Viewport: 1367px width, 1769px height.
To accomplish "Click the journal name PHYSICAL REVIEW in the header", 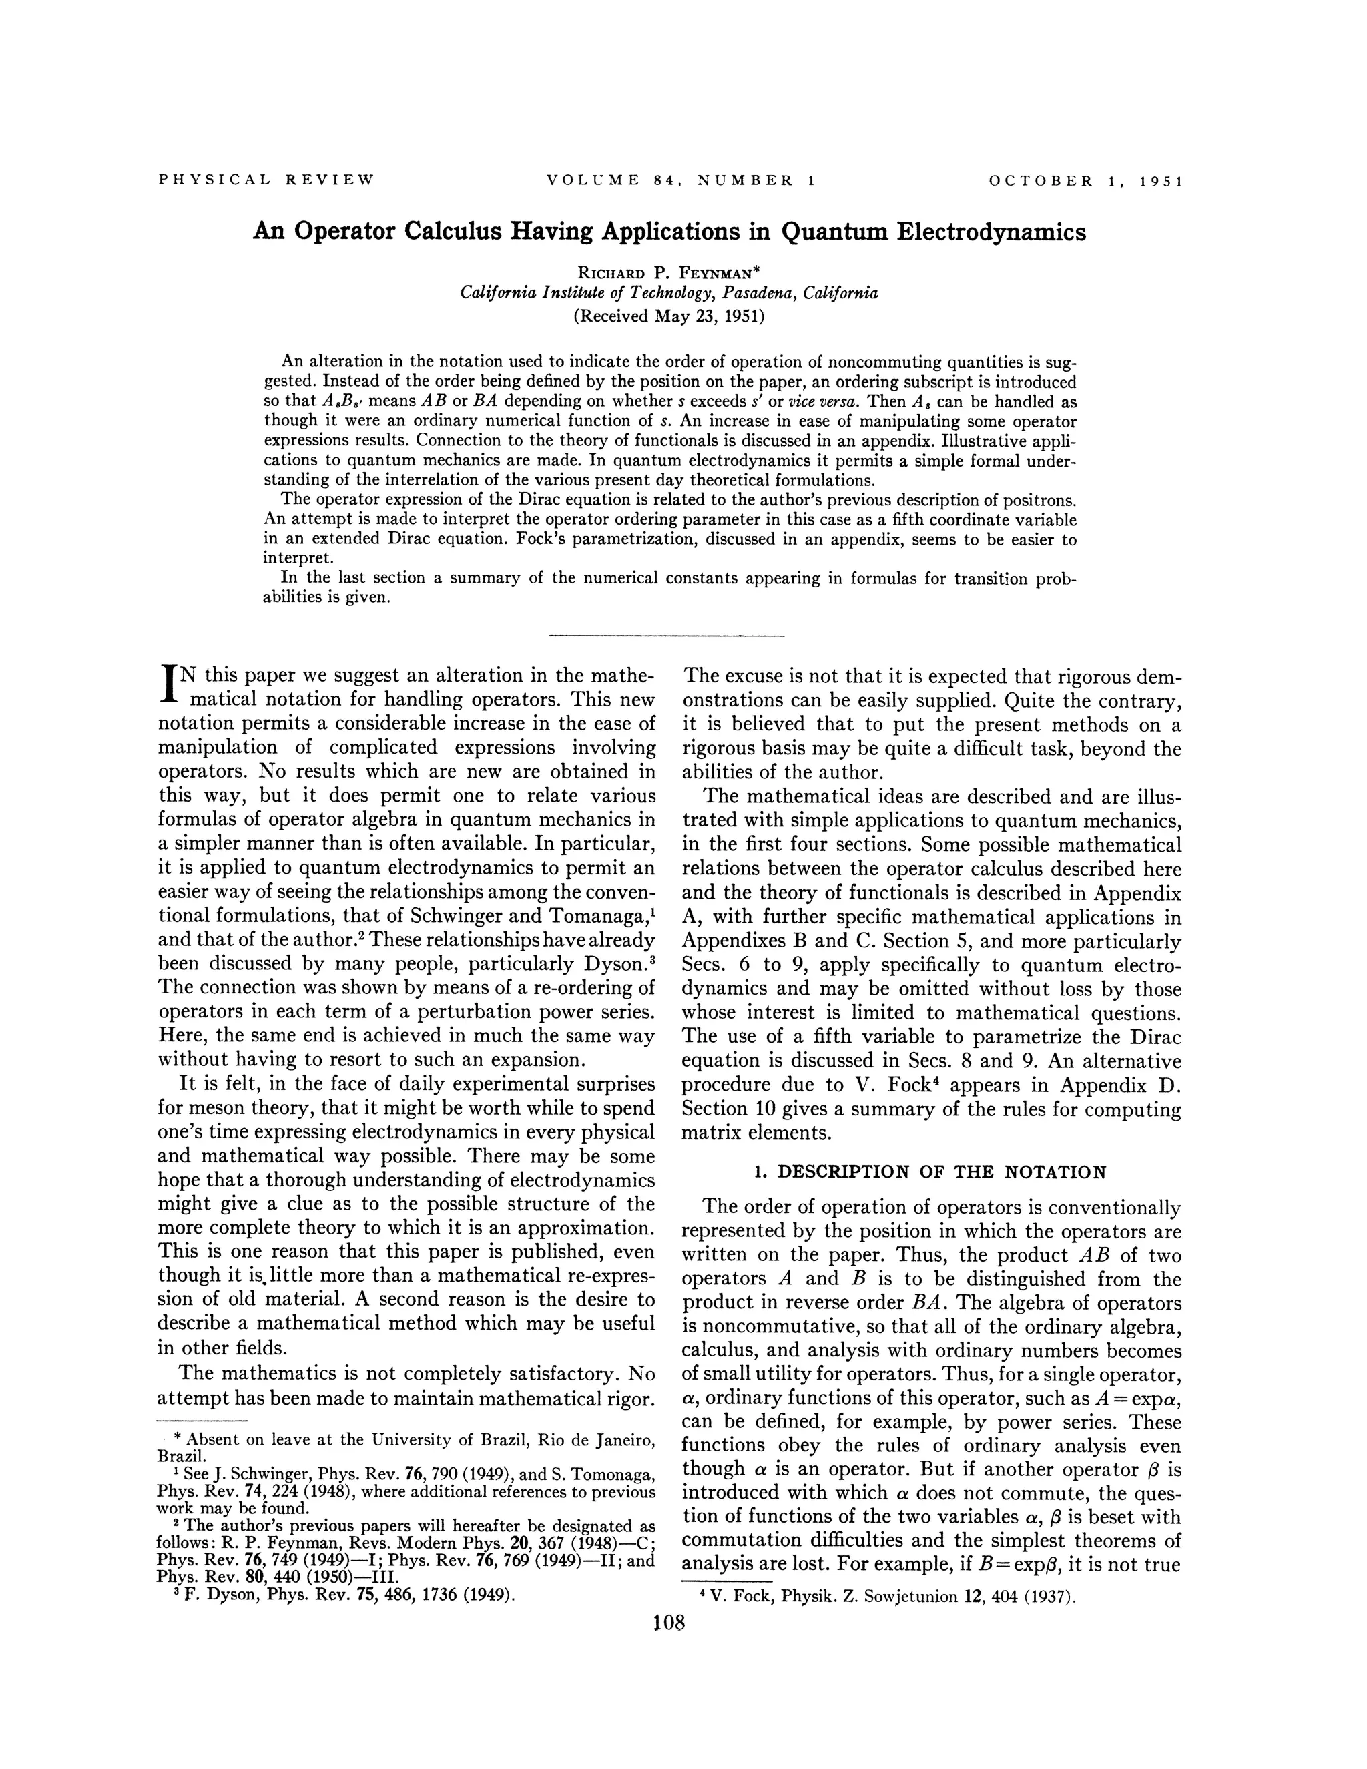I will (266, 180).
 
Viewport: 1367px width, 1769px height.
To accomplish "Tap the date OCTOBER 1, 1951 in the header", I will (1086, 180).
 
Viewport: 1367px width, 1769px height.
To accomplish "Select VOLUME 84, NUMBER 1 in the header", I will (680, 180).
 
